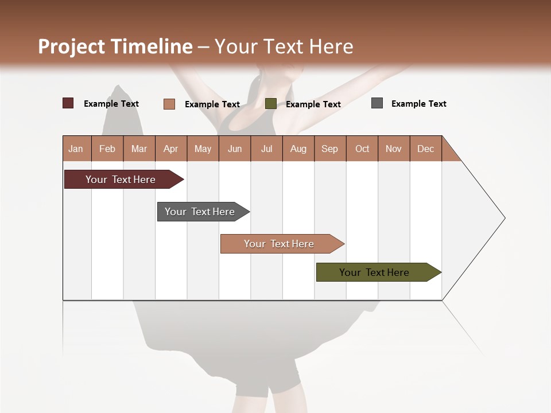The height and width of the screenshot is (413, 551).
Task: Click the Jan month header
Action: pos(76,149)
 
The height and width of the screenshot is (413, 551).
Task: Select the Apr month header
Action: pos(171,149)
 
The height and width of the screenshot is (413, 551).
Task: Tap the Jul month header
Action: pos(266,149)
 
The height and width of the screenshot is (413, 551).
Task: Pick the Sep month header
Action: pos(329,149)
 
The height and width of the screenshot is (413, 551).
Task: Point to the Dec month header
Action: pos(425,149)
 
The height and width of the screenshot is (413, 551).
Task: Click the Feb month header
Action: pos(107,149)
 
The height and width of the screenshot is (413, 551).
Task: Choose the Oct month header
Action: pos(362,149)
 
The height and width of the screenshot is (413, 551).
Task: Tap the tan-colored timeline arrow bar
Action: pos(280,244)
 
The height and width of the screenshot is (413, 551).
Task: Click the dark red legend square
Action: pos(68,103)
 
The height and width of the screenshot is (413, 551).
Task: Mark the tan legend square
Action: pos(169,104)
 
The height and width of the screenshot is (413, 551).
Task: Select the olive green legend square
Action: pos(270,104)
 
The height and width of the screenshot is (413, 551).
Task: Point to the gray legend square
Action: pos(377,103)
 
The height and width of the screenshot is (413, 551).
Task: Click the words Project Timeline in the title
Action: pos(115,46)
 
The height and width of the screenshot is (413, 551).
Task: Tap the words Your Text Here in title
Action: pos(284,46)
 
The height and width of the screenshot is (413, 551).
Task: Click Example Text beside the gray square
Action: pos(418,104)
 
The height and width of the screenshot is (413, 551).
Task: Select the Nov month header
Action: pos(394,149)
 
